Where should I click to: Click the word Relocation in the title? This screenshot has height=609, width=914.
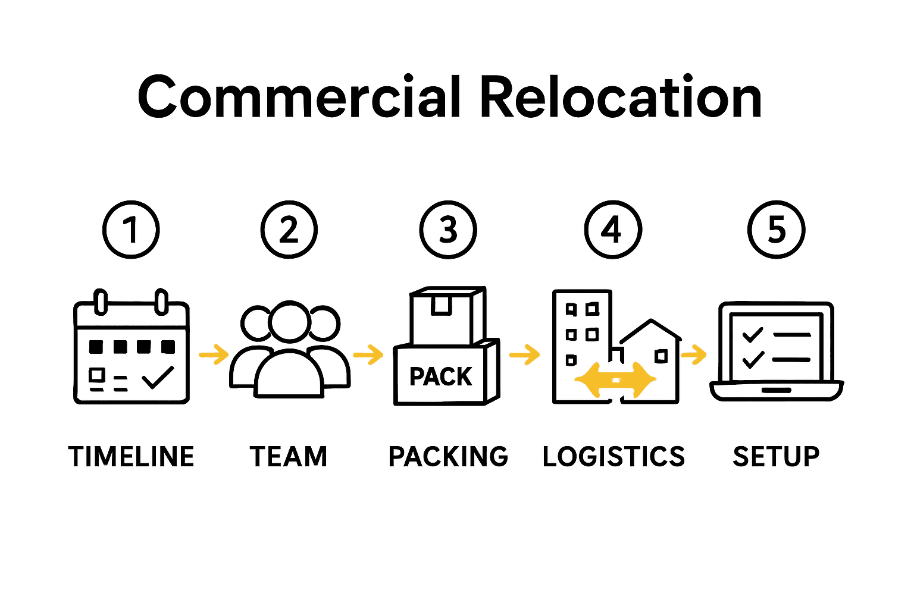620,97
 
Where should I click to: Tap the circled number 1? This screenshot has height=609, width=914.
131,230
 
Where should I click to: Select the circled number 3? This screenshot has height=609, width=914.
448,230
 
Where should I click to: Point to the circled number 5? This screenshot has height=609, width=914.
776,230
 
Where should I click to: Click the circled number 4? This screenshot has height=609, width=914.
612,230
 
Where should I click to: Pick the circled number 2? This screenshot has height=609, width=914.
289,230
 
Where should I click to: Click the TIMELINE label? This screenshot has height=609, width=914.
131,457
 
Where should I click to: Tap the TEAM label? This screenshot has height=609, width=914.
289,457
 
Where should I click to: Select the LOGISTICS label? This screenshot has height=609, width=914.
613,457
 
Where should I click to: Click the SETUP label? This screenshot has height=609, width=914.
776,457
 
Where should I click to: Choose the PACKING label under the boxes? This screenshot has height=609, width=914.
448,457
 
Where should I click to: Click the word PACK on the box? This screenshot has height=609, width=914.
440,376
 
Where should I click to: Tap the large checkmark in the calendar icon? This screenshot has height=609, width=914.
158,377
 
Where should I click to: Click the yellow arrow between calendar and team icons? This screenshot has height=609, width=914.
214,355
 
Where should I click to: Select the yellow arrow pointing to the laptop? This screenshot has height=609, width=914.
694,356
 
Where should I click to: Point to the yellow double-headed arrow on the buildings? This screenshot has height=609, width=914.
615,379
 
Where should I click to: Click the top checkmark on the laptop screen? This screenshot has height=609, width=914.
753,334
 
